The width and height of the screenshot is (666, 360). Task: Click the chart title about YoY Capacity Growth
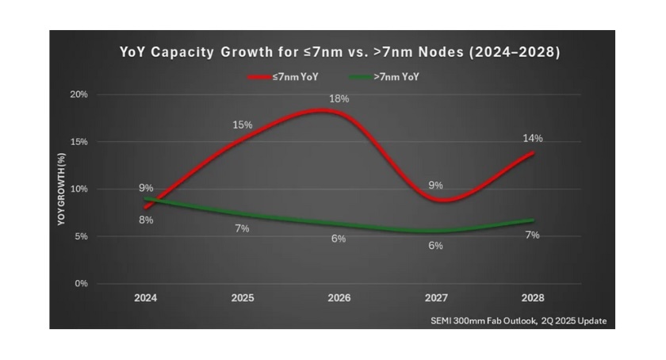[339, 53]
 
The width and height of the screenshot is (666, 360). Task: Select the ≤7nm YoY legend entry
[285, 77]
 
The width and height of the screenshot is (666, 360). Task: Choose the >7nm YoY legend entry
[385, 77]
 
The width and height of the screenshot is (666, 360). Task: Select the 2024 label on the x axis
[146, 299]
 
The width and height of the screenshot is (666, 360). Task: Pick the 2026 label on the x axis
[339, 299]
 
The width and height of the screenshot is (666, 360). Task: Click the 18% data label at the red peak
[339, 98]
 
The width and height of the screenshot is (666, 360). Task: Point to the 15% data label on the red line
[243, 125]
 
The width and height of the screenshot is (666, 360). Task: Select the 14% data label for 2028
[532, 138]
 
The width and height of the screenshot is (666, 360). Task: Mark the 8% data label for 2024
[146, 220]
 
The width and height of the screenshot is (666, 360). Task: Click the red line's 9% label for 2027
[435, 185]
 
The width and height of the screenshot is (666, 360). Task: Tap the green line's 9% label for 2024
[146, 188]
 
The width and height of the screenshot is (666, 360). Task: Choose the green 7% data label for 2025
[243, 228]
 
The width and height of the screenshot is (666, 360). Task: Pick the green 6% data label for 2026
[339, 239]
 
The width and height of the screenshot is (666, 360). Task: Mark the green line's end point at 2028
[532, 220]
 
